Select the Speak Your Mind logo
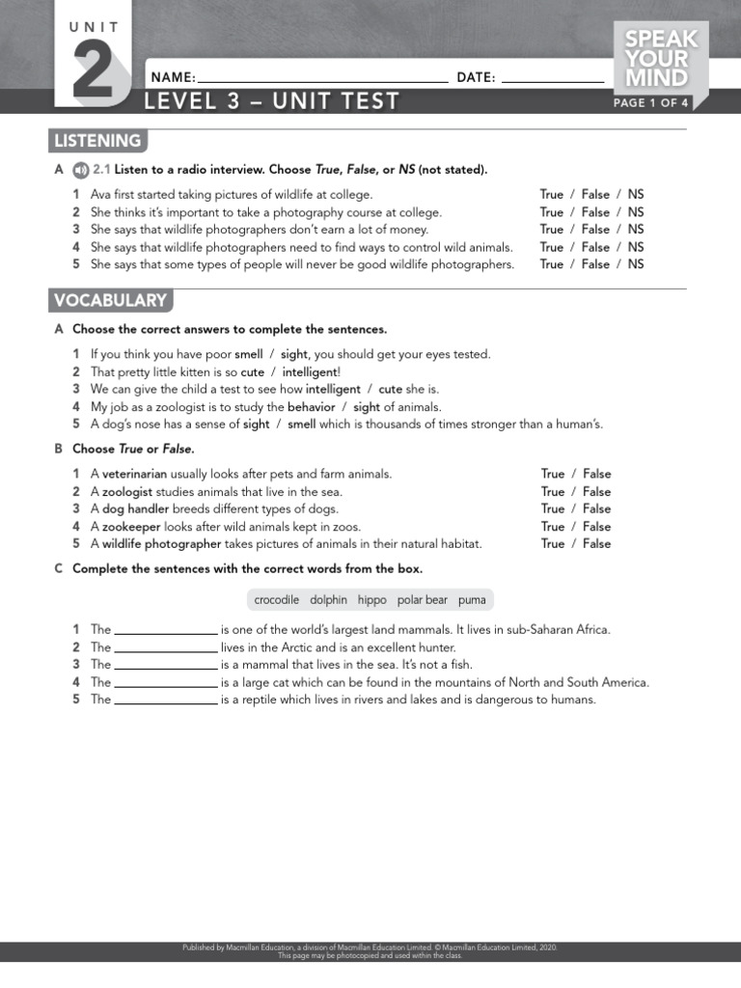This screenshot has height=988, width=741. pyautogui.click(x=662, y=59)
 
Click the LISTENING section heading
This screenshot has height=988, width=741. pyautogui.click(x=97, y=141)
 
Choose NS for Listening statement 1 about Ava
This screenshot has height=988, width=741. pyautogui.click(x=636, y=195)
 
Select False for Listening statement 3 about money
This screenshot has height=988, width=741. pyautogui.click(x=595, y=230)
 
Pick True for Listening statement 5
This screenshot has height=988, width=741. pyautogui.click(x=552, y=264)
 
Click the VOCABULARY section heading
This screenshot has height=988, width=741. pyautogui.click(x=110, y=300)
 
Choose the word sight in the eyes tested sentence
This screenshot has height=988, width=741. pyautogui.click(x=294, y=354)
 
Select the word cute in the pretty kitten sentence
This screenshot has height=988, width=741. pyautogui.click(x=252, y=371)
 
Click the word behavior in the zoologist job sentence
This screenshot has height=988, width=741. pyautogui.click(x=311, y=406)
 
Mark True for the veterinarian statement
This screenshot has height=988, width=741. pyautogui.click(x=553, y=474)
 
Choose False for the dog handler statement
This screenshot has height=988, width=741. pyautogui.click(x=596, y=508)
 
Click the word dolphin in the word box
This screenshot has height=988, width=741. pyautogui.click(x=328, y=600)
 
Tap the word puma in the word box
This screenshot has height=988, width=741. pyautogui.click(x=472, y=600)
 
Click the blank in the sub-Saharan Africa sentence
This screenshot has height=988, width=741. pyautogui.click(x=166, y=631)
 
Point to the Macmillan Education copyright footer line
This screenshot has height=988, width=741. pyautogui.click(x=370, y=947)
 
